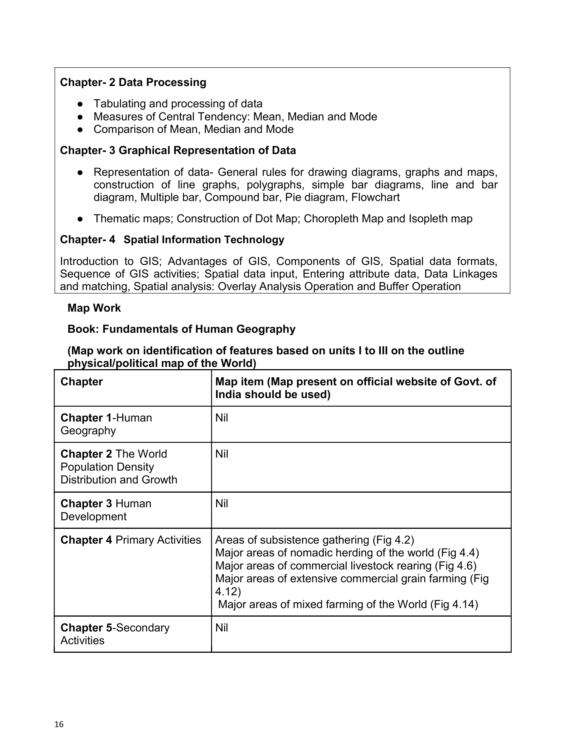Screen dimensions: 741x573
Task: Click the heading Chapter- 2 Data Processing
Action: [133, 82]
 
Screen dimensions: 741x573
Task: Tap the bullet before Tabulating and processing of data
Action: [80, 104]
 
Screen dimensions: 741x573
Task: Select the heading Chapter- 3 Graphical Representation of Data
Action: [178, 150]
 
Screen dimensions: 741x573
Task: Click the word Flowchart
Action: [375, 197]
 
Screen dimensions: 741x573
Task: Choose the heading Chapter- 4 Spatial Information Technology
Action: [172, 240]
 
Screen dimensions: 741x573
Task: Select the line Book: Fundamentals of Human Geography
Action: [181, 329]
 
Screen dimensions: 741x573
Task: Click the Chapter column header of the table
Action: [82, 382]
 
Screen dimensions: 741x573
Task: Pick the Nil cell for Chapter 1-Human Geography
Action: [222, 418]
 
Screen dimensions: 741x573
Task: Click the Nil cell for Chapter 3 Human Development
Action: [222, 503]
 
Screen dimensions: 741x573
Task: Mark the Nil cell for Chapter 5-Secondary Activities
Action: [222, 628]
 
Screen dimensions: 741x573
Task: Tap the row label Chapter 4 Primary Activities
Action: [131, 540]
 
